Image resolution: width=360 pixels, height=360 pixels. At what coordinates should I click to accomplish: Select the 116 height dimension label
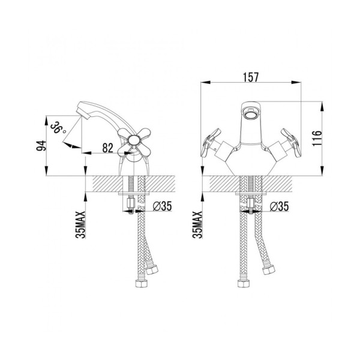(x=317, y=139)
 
